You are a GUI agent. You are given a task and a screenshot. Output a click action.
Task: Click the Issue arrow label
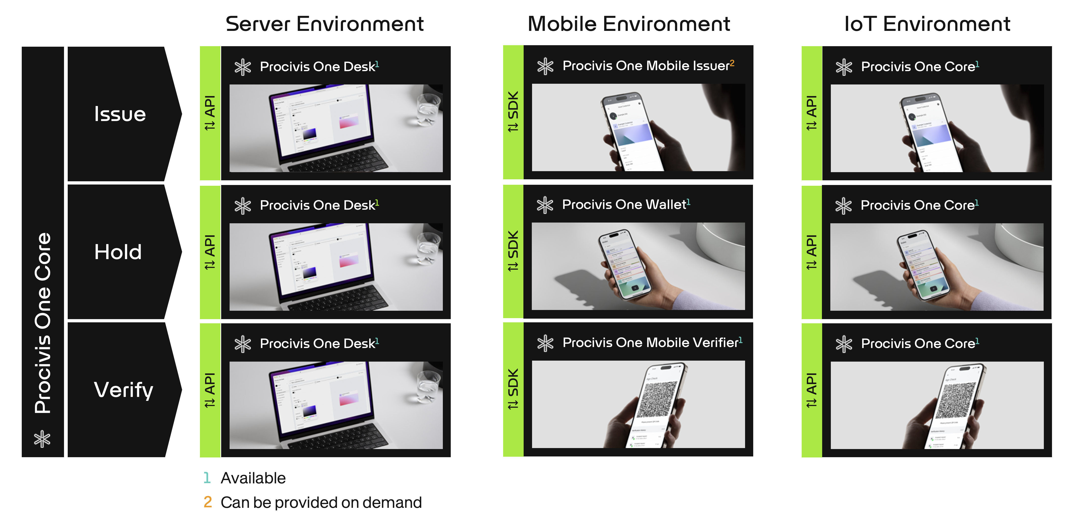tap(120, 114)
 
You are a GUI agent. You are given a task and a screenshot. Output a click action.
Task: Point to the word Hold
tap(118, 252)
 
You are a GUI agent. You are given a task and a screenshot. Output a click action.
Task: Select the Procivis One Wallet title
tap(623, 205)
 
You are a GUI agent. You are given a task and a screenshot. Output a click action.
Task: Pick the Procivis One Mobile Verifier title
tap(650, 343)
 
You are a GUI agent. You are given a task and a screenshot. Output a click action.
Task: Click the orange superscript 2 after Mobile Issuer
tap(732, 62)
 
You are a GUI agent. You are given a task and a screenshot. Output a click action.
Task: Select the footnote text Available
tap(253, 478)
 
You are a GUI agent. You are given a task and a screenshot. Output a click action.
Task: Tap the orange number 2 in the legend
tap(207, 502)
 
